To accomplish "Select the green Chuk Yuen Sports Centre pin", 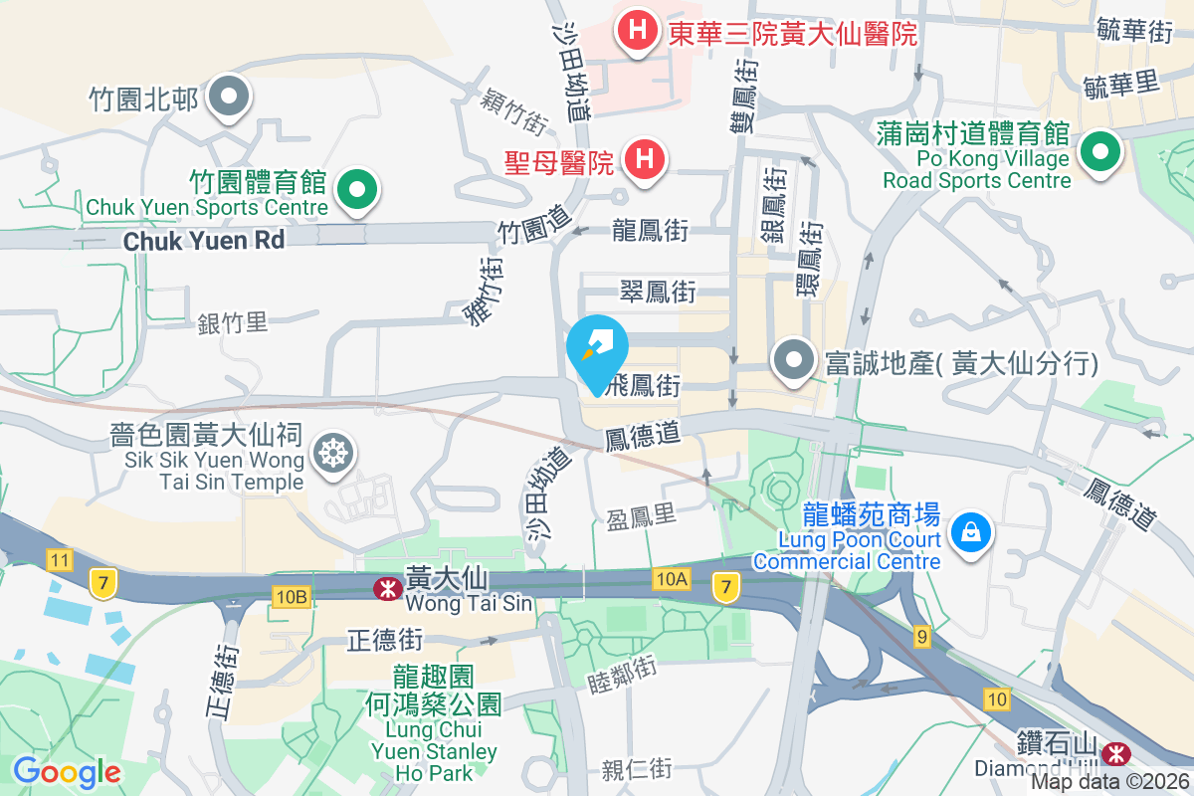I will (x=355, y=189).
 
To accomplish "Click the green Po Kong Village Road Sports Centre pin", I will (x=1100, y=152).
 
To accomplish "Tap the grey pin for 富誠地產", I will (x=793, y=360).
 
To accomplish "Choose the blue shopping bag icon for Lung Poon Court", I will (x=967, y=528).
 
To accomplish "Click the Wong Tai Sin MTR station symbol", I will (x=384, y=589).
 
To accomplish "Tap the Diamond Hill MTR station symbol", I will (x=1117, y=749).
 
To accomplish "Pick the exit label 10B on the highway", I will (x=292, y=596).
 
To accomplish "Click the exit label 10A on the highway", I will (x=673, y=578).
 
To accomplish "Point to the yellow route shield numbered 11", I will (x=60, y=560).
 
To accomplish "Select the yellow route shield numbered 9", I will (x=922, y=636).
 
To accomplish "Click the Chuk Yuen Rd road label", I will (x=204, y=240).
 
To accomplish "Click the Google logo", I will (x=67, y=771).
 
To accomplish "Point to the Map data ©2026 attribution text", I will (x=1109, y=781).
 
